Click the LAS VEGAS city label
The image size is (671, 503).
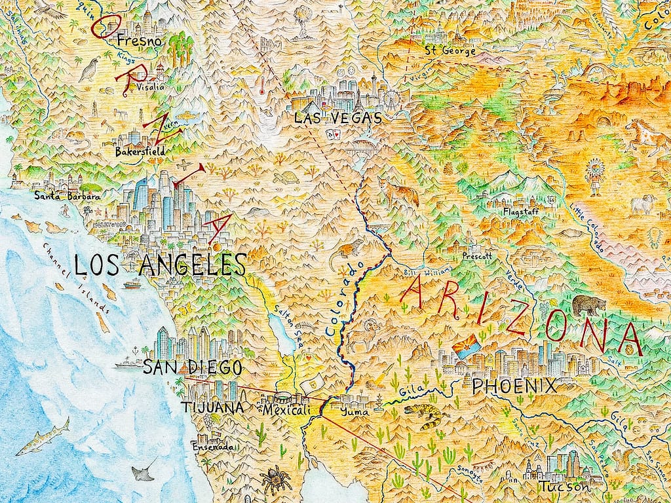(x=337, y=119)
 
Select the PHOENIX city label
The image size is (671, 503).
(x=514, y=386)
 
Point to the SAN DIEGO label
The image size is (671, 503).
(x=183, y=367)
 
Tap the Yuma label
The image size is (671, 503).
(x=355, y=412)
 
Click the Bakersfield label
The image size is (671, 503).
(x=139, y=152)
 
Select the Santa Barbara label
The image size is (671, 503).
(x=67, y=195)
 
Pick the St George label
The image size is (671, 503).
(x=450, y=50)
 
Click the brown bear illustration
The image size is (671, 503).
(x=589, y=305)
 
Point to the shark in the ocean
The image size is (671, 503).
(x=43, y=438)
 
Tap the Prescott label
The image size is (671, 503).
(x=476, y=256)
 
